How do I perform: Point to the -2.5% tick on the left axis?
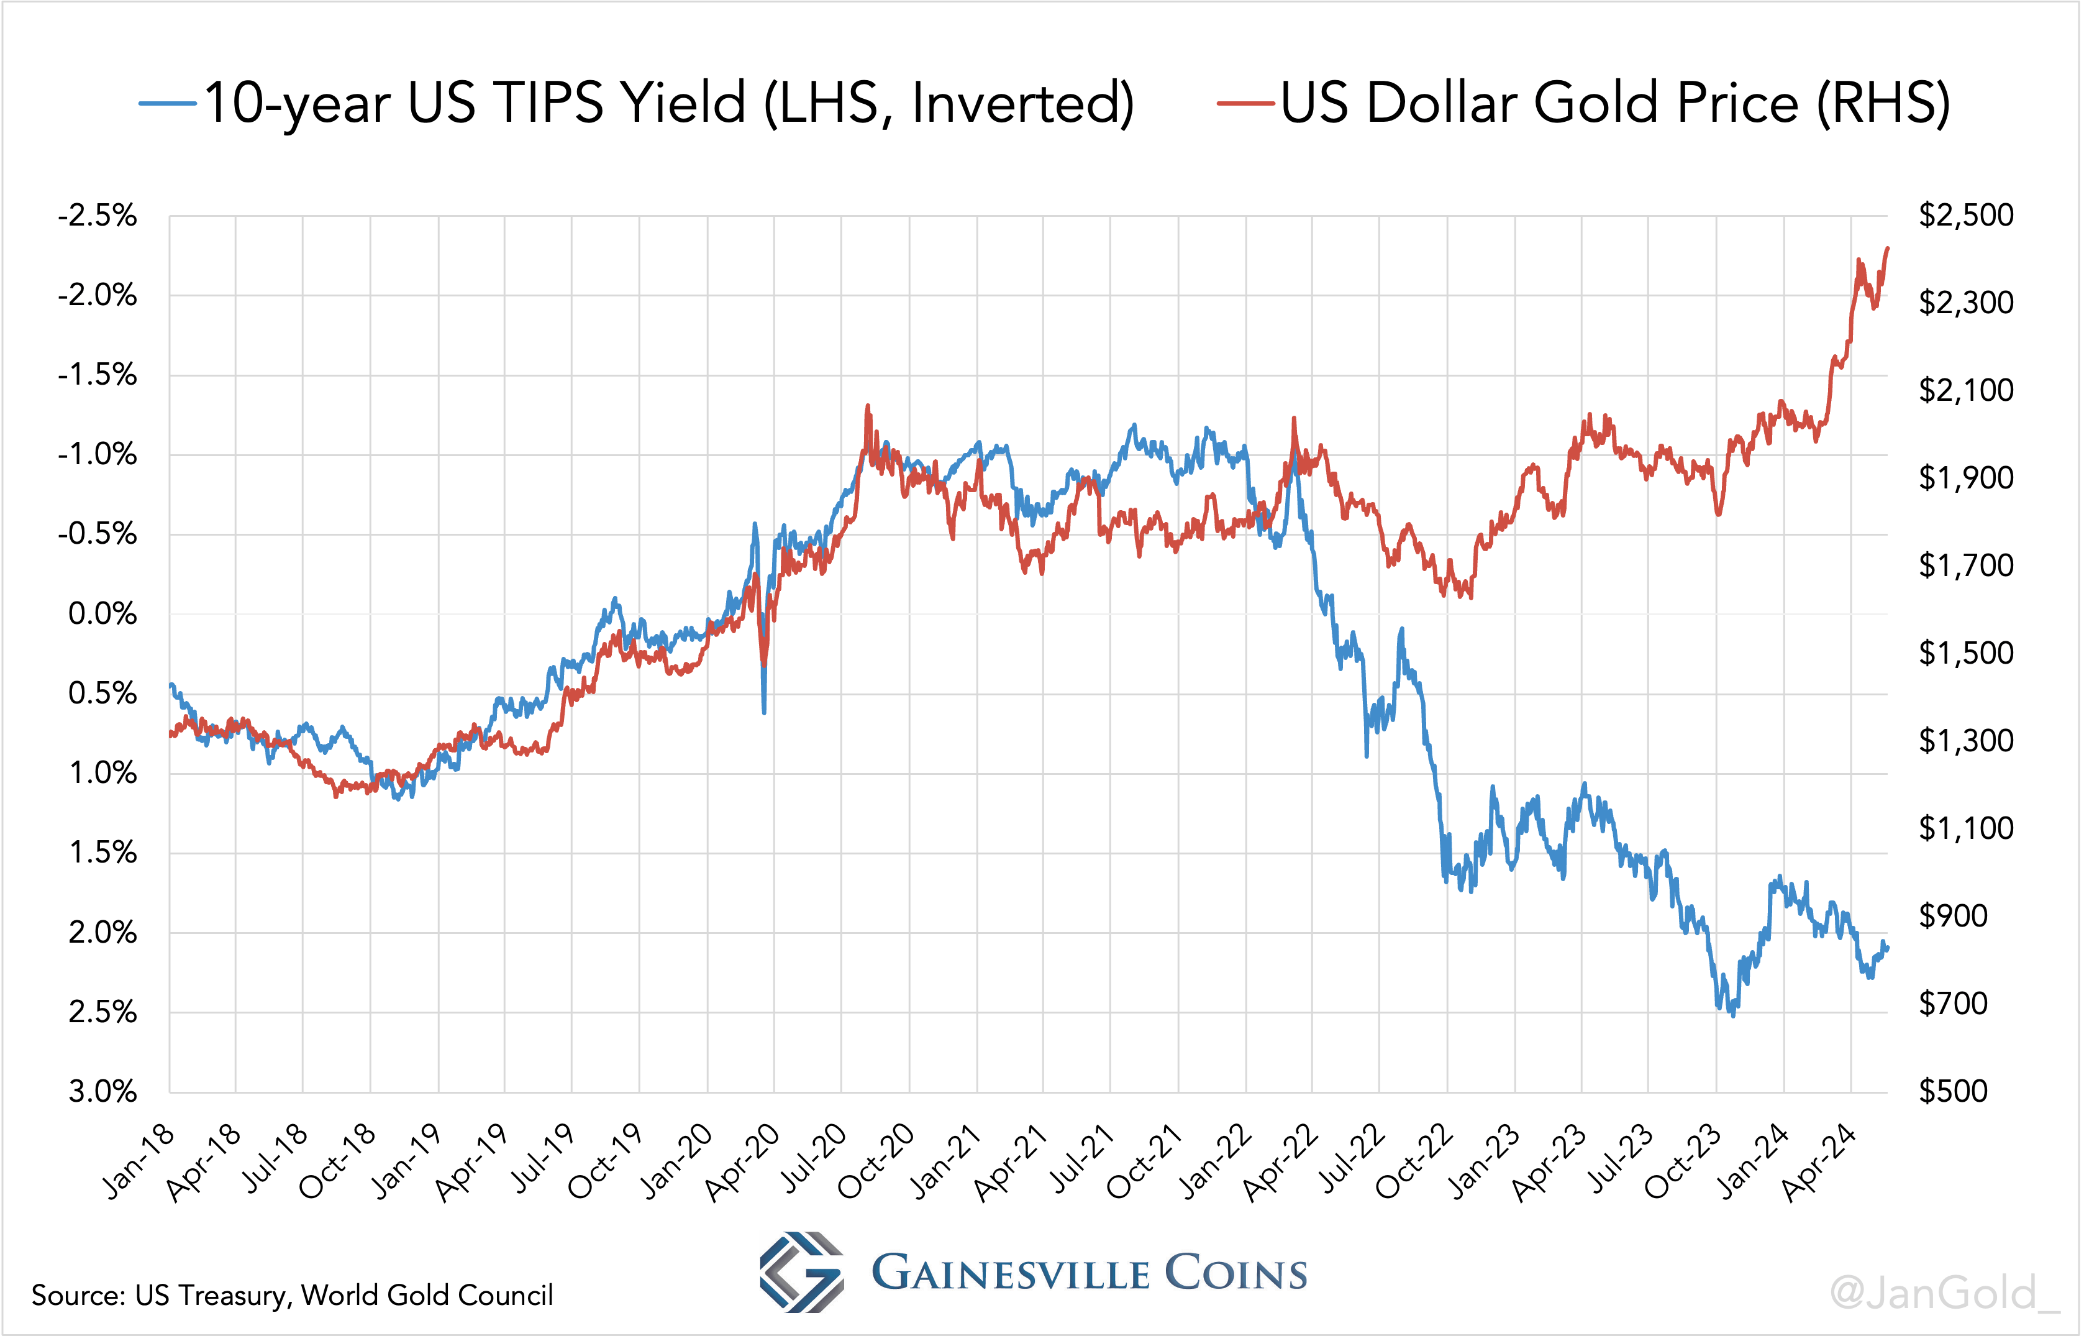point(98,215)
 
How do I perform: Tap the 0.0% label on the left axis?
point(102,614)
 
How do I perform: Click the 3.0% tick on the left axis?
point(102,1091)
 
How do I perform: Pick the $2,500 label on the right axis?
point(1965,215)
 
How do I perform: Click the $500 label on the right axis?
point(1954,1091)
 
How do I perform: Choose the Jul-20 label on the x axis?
point(813,1160)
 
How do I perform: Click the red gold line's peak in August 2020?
point(867,406)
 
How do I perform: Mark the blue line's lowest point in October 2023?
point(1732,1015)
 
